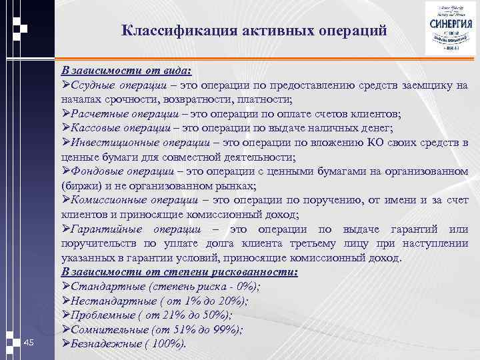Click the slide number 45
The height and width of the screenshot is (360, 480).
point(28,342)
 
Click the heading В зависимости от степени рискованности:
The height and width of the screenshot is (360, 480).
point(179,272)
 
